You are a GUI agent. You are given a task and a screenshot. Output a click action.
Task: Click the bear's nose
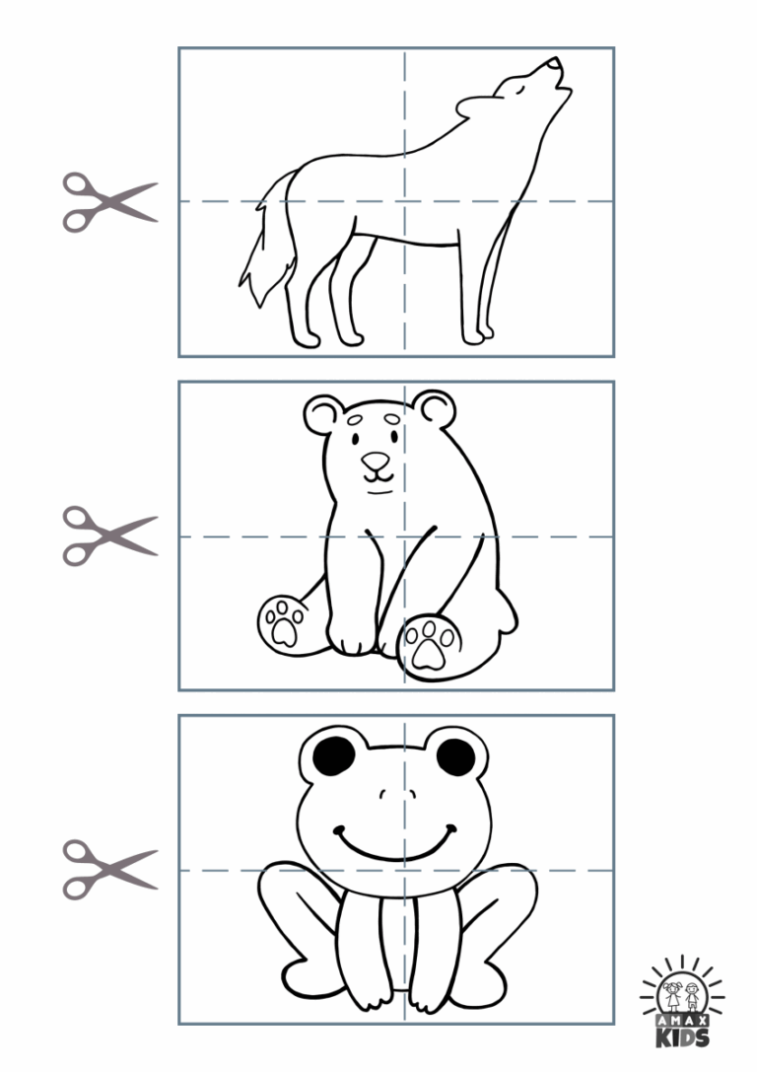click(x=376, y=461)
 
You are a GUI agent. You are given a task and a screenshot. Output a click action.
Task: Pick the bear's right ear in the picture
click(x=434, y=406)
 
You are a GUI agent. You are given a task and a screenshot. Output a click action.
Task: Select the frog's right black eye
click(x=455, y=756)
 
